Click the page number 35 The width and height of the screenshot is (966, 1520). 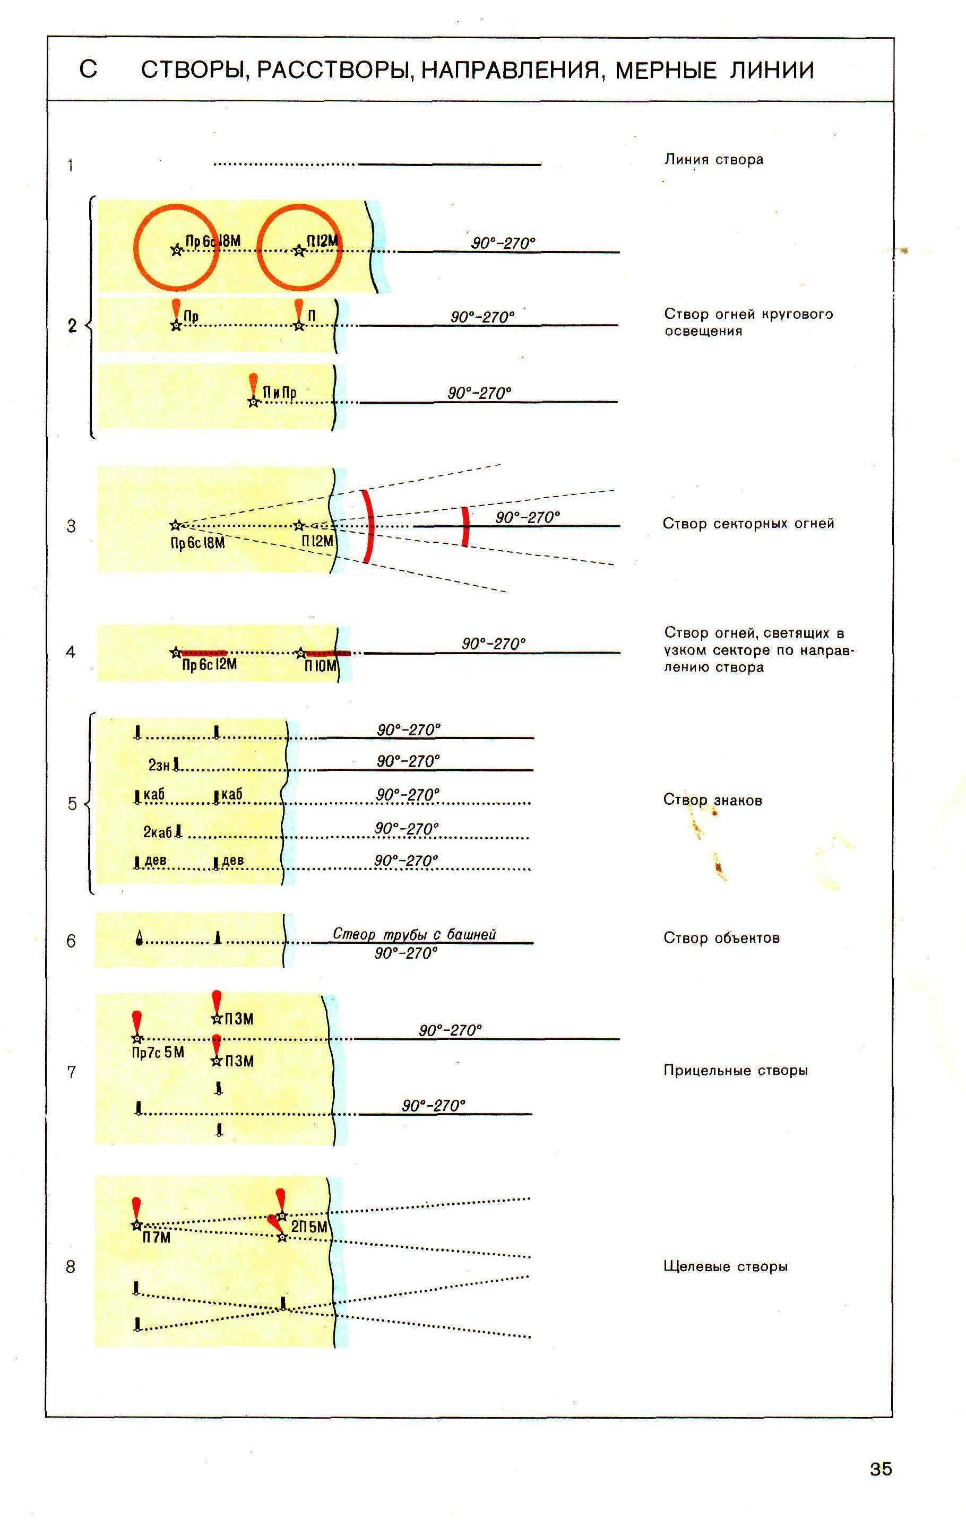tap(881, 1469)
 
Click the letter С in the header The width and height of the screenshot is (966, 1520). tap(89, 70)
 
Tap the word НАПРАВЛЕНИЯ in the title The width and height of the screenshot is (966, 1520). tap(510, 70)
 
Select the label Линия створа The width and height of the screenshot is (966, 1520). tap(713, 160)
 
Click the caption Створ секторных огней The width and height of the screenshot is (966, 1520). tap(748, 523)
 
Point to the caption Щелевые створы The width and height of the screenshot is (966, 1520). tap(726, 1266)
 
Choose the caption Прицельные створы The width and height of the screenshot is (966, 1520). tap(736, 1071)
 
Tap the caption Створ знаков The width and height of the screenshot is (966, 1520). tap(713, 801)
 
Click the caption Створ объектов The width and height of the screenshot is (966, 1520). tap(721, 938)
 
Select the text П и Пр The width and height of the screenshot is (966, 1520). tap(279, 393)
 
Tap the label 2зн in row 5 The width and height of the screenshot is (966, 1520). tap(159, 765)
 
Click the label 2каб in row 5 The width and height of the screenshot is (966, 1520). tap(157, 832)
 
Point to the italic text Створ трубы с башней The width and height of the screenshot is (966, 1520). tap(414, 934)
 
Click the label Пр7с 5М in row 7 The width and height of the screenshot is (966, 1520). tap(158, 1052)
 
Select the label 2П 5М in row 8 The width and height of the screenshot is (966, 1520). tap(309, 1227)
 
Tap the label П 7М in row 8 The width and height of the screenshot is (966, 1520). tap(156, 1238)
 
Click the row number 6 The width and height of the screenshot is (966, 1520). tap(71, 941)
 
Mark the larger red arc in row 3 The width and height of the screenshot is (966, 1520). tap(369, 526)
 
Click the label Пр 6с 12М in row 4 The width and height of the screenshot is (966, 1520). tap(209, 665)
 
